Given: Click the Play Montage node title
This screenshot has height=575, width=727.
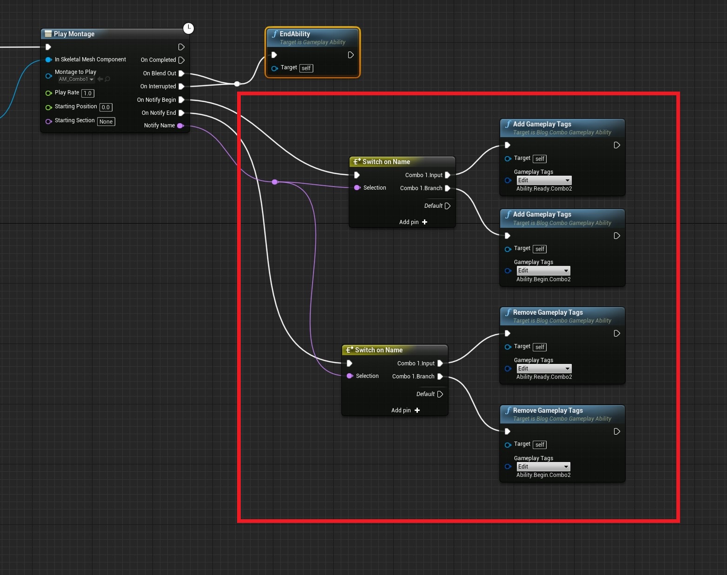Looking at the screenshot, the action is click(74, 34).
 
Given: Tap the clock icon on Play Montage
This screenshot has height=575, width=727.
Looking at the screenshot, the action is click(189, 28).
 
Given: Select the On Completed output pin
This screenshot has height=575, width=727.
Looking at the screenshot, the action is click(181, 60).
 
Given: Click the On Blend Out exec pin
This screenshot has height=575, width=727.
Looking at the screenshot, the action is click(181, 73).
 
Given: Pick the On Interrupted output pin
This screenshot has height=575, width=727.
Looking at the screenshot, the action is click(181, 86).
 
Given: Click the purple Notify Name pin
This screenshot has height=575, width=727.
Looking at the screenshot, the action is click(180, 126).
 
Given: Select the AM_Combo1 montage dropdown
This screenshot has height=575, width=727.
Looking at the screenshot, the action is click(76, 79).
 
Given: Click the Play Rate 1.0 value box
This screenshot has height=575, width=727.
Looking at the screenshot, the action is click(88, 93).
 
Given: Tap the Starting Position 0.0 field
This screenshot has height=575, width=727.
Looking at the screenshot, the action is click(106, 107).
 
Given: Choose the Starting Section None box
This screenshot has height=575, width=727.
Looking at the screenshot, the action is click(106, 122).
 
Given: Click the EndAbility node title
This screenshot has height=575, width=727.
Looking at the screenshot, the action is click(295, 34).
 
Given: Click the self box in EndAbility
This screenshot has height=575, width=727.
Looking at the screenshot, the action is click(306, 68).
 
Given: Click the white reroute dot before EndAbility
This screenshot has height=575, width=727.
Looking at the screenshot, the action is click(237, 84).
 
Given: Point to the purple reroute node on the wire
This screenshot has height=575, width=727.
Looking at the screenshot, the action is click(275, 182).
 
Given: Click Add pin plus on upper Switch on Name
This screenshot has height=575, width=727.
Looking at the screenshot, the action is click(425, 222).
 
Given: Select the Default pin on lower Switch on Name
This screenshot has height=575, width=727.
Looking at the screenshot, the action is click(440, 394).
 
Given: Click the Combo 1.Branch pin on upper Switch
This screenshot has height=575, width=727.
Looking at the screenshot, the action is click(448, 188).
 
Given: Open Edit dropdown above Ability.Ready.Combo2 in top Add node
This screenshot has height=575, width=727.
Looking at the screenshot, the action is click(544, 180).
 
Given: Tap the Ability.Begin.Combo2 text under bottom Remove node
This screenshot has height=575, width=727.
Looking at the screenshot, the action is click(543, 475).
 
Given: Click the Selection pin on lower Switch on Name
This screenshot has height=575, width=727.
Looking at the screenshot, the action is click(350, 376).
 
